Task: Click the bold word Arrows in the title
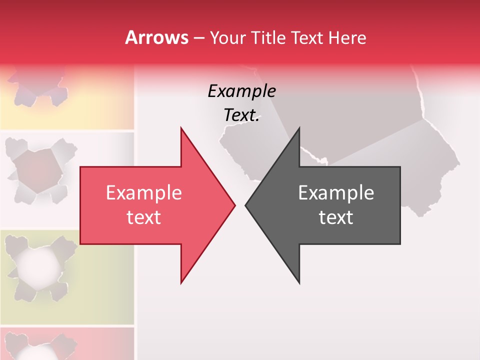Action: click(156, 37)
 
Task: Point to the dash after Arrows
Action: click(198, 38)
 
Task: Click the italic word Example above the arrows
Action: click(241, 91)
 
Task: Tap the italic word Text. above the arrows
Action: click(241, 115)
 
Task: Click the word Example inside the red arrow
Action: click(143, 193)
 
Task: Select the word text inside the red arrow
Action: click(143, 217)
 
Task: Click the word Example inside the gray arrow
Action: click(336, 193)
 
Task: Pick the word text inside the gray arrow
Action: click(336, 217)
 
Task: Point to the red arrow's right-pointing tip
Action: click(234, 205)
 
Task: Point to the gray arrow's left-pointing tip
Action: click(246, 205)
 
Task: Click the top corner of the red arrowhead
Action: click(181, 128)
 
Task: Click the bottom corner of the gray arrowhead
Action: click(299, 282)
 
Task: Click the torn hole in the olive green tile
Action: click(37, 265)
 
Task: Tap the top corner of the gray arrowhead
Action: click(299, 128)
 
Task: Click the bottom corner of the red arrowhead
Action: click(181, 282)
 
